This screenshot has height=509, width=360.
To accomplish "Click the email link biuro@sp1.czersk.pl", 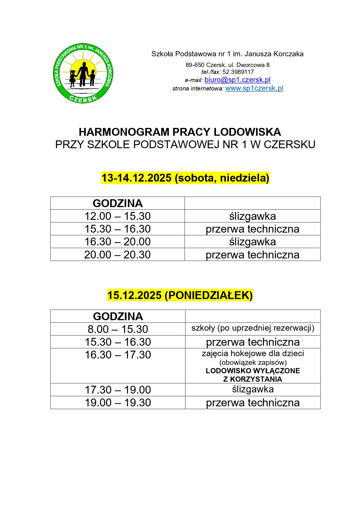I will coord(237,80).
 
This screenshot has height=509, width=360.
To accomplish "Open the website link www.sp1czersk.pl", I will coord(254,88).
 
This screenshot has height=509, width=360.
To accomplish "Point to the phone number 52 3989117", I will coord(238,72).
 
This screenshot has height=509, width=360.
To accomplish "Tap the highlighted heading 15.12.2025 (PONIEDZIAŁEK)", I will coord(180,295).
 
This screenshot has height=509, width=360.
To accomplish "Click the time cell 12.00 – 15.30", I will coord(117,216).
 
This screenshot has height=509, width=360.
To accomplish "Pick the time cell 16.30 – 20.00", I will coord(117,242).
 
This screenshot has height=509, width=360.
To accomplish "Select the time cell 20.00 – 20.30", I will coord(117,255).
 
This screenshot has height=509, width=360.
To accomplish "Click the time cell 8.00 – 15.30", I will coord(118,329).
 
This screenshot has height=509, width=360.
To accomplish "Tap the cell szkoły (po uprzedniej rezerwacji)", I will coord(253,328).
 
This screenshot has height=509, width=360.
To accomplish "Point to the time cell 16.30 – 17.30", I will coord(118,355).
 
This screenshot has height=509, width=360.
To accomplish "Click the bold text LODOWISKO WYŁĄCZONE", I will coord(253,371).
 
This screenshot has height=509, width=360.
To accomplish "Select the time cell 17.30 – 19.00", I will coord(118,390).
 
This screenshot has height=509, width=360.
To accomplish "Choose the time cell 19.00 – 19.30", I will coord(118,403).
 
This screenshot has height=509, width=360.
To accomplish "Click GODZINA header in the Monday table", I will coord(118,316).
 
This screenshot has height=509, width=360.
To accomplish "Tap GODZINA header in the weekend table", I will coord(117,203).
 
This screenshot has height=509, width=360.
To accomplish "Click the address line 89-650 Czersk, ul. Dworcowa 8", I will coord(227,65).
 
